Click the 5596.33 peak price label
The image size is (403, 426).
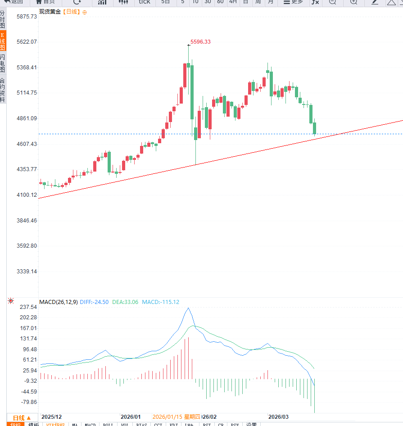point(200,42)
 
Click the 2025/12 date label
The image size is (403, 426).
point(51,417)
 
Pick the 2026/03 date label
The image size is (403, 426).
point(278,417)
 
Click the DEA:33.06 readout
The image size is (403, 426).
point(125,302)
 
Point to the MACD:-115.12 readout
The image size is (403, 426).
point(160,302)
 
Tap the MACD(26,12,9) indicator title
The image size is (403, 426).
point(58,302)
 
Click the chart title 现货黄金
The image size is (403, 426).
point(50,12)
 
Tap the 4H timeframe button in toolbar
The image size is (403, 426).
point(233,2)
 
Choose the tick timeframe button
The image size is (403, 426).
point(145,2)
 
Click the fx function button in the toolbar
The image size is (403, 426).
point(315,2)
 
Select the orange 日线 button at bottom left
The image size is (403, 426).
point(22,418)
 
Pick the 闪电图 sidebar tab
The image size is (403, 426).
point(3,63)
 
